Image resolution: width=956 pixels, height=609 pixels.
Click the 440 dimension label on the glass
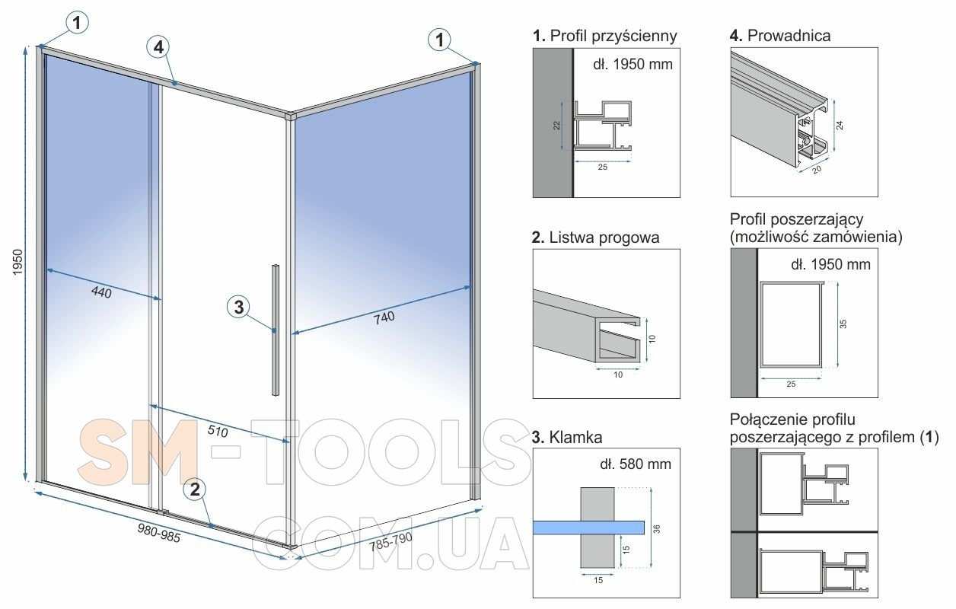[101, 292]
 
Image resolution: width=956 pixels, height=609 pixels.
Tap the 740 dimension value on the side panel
[384, 318]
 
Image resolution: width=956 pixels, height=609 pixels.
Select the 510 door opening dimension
[218, 432]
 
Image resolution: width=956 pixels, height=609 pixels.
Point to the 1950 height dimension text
[18, 262]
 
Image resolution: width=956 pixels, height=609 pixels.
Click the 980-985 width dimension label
[159, 533]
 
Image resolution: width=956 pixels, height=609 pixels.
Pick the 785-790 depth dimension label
[390, 541]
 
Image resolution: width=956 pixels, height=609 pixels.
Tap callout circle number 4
[158, 47]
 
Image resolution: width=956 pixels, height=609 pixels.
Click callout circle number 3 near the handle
[238, 307]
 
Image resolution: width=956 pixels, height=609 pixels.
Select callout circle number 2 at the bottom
[195, 489]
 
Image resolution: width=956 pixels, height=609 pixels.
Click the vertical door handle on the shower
[276, 330]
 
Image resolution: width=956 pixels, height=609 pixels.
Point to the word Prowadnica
[789, 36]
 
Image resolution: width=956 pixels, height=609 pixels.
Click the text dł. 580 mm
[636, 464]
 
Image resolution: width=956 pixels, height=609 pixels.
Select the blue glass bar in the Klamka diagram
[588, 528]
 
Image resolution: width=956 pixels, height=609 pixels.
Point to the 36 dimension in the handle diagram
[657, 529]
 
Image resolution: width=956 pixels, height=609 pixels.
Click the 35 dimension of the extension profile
[843, 324]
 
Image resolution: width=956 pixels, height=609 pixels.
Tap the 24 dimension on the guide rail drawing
[840, 126]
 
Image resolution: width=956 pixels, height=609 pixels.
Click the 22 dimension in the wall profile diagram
[556, 126]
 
